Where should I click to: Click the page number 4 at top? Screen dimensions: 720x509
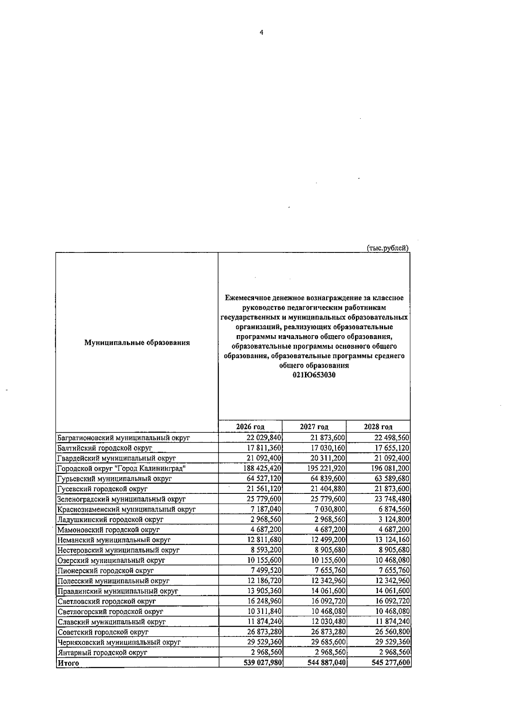pyautogui.click(x=261, y=33)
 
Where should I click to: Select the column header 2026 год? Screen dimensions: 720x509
pyautogui.click(x=250, y=426)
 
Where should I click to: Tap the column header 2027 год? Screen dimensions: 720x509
pyautogui.click(x=314, y=426)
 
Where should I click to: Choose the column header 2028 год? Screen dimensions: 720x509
pyautogui.click(x=378, y=426)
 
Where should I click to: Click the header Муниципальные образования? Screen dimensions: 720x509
pyautogui.click(x=137, y=342)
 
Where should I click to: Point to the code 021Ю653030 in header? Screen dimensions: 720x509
pyautogui.click(x=314, y=375)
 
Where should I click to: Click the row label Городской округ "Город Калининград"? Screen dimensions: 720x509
pyautogui.click(x=122, y=468)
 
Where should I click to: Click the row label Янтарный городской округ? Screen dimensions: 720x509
pyautogui.click(x=102, y=664)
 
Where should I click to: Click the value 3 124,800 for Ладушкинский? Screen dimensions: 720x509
pyautogui.click(x=394, y=519)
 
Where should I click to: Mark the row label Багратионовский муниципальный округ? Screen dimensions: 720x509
pyautogui.click(x=123, y=438)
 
